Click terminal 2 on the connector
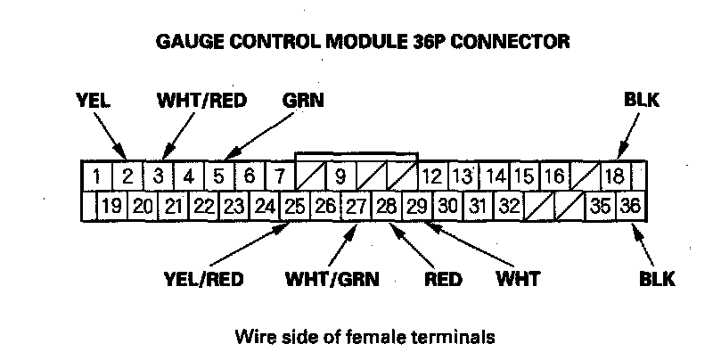click(127, 176)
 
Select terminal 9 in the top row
click(340, 176)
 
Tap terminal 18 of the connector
click(614, 176)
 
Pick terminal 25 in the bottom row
click(295, 207)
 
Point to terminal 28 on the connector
click(387, 207)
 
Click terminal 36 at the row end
click(630, 207)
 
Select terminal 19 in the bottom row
click(111, 207)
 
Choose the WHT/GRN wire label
click(332, 279)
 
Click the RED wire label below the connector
click(443, 279)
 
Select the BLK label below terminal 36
click(657, 279)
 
